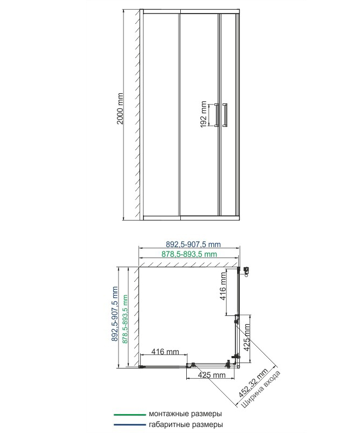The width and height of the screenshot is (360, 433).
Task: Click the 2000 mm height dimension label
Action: (x=120, y=108)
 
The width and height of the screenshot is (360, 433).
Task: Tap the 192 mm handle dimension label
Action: (x=204, y=114)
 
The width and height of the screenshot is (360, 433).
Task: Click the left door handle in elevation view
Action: (x=217, y=115)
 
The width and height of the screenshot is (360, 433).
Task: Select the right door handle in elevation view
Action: (x=225, y=115)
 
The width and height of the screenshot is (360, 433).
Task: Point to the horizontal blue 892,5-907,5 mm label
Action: (x=193, y=244)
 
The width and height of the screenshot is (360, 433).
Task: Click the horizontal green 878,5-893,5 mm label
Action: (x=189, y=254)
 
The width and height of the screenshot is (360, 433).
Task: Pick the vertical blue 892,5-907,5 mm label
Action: (x=115, y=314)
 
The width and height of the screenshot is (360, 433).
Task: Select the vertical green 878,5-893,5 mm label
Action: (x=125, y=319)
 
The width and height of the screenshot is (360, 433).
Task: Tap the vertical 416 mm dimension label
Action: (x=223, y=286)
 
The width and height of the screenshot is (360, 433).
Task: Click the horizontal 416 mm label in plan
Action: (x=165, y=352)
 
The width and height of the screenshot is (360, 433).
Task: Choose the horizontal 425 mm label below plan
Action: (x=212, y=375)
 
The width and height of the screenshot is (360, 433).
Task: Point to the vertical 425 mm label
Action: (x=247, y=337)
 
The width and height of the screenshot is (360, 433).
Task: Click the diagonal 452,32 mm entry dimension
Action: (x=253, y=383)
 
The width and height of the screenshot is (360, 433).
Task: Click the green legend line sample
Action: (x=130, y=415)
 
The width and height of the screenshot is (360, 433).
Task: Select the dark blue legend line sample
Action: (x=130, y=425)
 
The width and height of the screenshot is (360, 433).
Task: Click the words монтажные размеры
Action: (x=185, y=414)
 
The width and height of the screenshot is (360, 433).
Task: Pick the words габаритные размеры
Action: (x=186, y=424)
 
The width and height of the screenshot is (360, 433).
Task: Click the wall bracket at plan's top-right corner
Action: (x=246, y=271)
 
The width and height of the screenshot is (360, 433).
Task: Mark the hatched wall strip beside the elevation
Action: (x=138, y=114)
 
